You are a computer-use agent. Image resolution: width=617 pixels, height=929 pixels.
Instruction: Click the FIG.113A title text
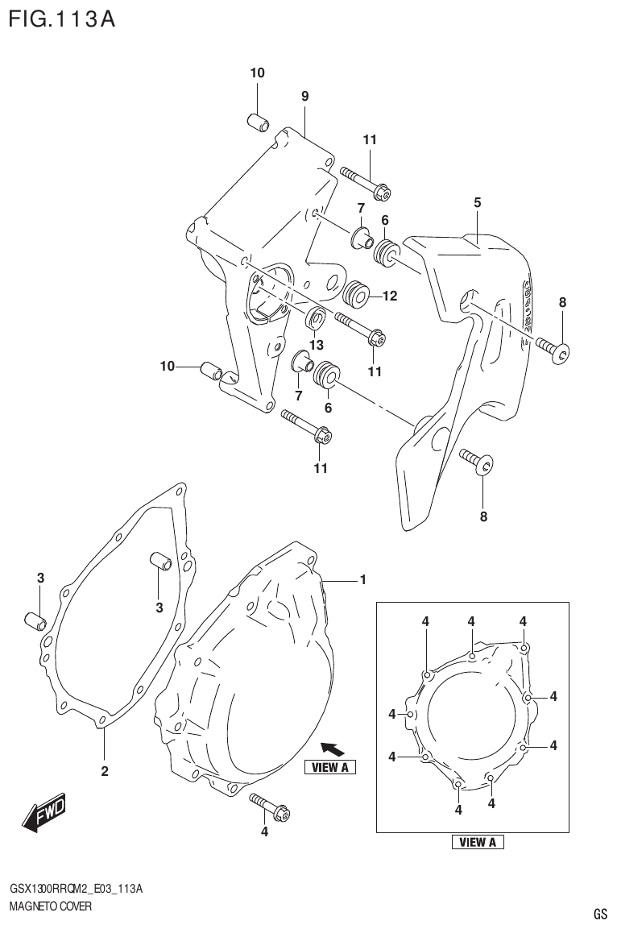(x=62, y=19)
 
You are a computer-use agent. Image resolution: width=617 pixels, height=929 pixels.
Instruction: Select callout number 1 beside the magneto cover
(x=363, y=579)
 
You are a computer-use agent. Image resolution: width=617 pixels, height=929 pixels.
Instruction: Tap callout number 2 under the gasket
(x=105, y=771)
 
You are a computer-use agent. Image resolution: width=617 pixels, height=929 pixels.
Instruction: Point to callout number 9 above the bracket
(x=305, y=96)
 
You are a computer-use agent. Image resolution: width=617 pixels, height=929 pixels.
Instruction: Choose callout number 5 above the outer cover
(x=477, y=202)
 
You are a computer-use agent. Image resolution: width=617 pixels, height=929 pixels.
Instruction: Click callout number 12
(x=390, y=296)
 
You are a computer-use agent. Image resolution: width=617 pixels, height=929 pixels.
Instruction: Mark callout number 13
(x=316, y=345)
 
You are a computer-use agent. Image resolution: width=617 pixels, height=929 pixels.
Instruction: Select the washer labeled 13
(x=316, y=319)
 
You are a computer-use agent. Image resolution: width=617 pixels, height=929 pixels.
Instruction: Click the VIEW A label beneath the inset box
(x=478, y=842)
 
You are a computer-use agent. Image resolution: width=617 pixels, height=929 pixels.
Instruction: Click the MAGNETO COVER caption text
(x=50, y=906)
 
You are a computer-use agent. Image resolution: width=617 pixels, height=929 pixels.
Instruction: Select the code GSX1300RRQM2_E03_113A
(x=77, y=889)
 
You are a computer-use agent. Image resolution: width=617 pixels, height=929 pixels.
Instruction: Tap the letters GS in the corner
(x=600, y=914)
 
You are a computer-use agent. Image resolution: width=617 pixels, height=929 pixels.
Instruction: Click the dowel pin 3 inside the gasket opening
(x=159, y=562)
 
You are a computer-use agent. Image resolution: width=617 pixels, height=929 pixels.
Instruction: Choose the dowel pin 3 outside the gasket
(x=35, y=621)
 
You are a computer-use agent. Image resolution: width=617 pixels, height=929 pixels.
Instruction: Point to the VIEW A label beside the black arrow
(x=329, y=767)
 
